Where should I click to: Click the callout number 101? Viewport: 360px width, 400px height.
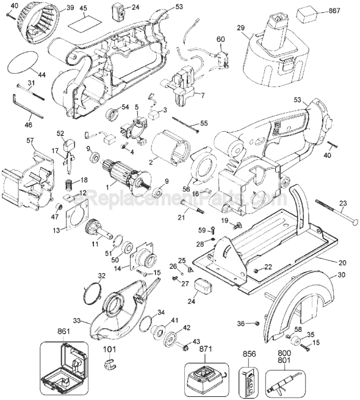coord(109,350)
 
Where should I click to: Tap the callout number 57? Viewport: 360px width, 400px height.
coord(29,141)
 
